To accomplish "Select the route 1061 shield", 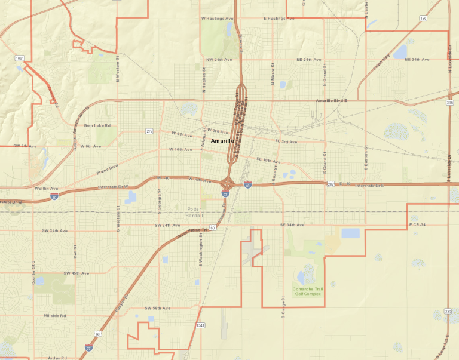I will [x=20, y=58].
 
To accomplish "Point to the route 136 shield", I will [x=423, y=19].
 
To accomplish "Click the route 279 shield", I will [x=149, y=131].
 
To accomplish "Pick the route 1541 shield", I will [x=200, y=325].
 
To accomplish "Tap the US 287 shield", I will [x=331, y=184].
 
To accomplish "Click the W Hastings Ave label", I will [x=217, y=19].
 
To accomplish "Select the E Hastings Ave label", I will [x=279, y=19].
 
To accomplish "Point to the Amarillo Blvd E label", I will [x=331, y=101].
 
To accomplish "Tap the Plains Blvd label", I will [x=108, y=168].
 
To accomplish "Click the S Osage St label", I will [x=283, y=309].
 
